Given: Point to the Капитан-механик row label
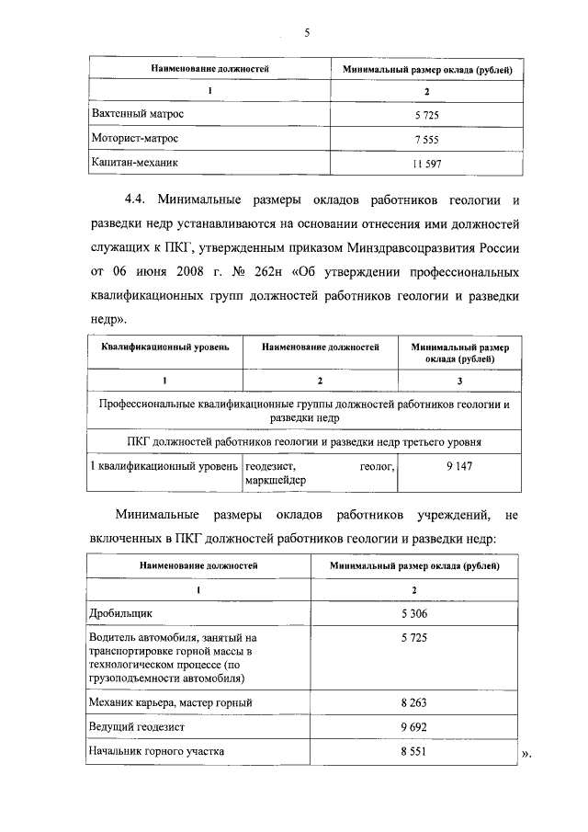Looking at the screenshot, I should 134,162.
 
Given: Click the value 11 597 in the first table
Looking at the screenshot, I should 427,164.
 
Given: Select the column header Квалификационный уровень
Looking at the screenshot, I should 164,348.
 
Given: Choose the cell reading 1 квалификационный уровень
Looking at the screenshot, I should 163,468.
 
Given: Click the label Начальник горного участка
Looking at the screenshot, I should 156,750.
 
